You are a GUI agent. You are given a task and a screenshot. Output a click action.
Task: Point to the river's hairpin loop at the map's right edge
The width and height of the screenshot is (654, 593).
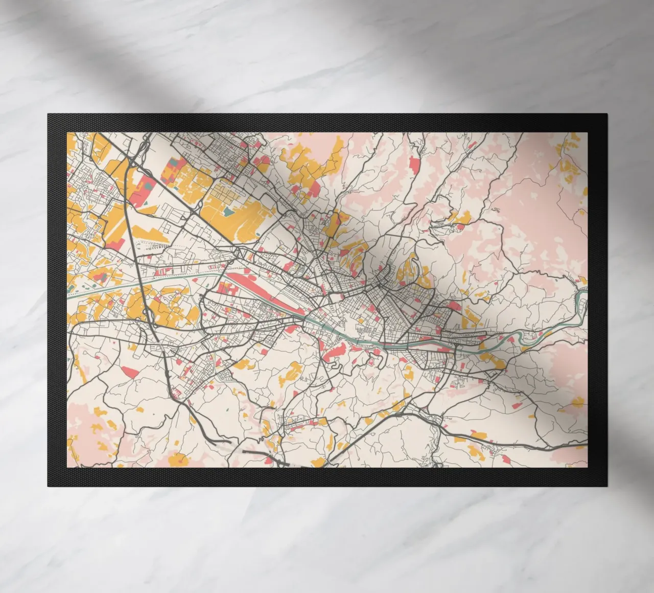pos(581,302)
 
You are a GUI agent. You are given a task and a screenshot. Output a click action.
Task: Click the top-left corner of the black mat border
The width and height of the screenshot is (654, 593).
pos(48,114)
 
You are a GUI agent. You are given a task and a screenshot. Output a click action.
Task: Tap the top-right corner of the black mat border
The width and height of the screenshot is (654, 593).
pos(606,114)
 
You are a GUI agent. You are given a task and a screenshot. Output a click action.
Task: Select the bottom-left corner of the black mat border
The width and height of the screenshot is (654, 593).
pos(48,486)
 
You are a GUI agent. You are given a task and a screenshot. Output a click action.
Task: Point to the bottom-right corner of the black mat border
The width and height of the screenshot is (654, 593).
pos(606,486)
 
